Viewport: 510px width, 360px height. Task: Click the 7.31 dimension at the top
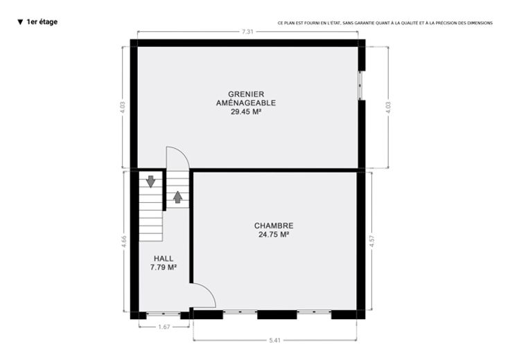(x=247, y=32)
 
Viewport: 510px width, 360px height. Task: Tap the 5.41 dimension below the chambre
(x=275, y=341)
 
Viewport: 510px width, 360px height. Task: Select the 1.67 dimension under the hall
(x=164, y=327)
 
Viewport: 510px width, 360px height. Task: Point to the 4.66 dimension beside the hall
(x=124, y=242)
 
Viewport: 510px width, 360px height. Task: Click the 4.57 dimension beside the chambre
(x=372, y=241)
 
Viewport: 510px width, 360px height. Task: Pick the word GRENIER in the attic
(x=246, y=94)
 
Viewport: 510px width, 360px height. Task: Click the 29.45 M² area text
(x=246, y=111)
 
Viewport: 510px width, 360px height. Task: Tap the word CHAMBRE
(x=274, y=226)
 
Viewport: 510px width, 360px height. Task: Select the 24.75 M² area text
(x=274, y=235)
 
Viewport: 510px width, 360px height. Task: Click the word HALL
(x=164, y=259)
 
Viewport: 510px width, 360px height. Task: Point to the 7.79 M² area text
(x=164, y=267)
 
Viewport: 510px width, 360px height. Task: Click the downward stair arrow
(x=150, y=181)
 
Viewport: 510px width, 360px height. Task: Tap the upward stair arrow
(x=177, y=197)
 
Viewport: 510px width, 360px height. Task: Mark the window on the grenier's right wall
(x=360, y=85)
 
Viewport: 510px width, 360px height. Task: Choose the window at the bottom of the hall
(x=164, y=314)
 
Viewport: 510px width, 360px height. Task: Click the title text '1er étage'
(x=42, y=21)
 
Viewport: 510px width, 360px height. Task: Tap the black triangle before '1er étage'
(x=20, y=22)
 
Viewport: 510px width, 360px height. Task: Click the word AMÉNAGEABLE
(x=246, y=103)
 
